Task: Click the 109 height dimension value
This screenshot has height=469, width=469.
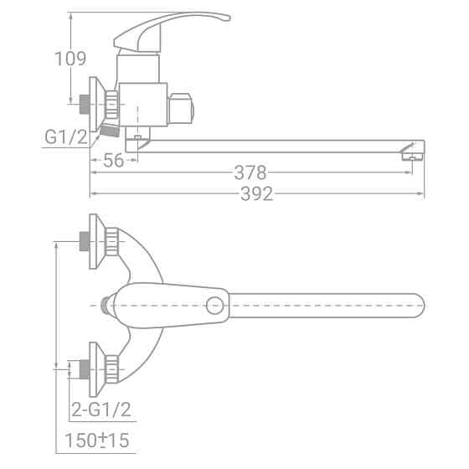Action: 70,59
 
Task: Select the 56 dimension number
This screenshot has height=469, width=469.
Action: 113,160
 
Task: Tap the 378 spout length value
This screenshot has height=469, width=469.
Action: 250,173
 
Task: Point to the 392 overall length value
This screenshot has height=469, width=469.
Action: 256,193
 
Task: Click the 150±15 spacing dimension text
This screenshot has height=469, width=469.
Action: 97,440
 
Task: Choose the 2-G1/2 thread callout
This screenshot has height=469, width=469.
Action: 101,410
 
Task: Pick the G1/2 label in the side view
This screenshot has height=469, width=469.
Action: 66,137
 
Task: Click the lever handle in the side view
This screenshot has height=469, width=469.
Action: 167,30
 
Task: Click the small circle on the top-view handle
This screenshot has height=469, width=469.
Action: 214,306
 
